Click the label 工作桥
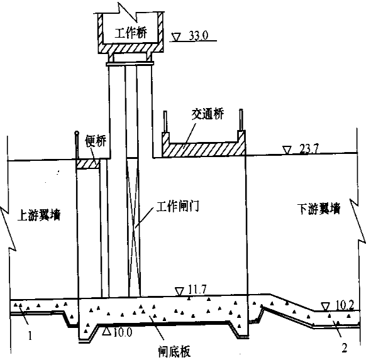131,33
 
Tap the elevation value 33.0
199,36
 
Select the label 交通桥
207,114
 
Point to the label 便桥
96,141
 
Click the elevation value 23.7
309,150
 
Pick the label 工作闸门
178,206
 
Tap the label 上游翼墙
39,214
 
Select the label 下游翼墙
319,209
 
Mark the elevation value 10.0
123,332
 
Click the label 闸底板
174,352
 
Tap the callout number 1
30,335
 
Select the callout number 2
345,348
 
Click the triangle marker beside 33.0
176,38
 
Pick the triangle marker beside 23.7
287,150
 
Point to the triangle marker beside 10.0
106,331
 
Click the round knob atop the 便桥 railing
77,133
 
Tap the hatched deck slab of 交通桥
204,149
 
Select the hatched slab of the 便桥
88,165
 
